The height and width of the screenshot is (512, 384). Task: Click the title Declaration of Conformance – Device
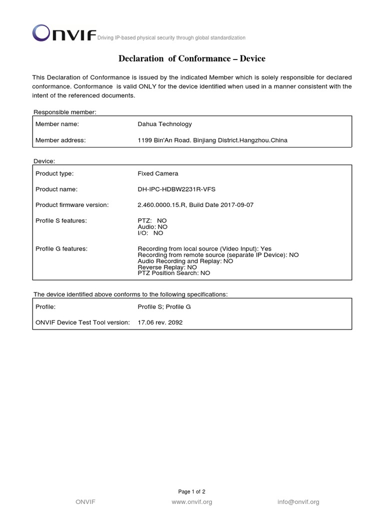coord(192,59)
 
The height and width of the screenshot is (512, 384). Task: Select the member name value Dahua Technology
coord(164,124)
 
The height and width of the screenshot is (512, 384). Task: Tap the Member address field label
coord(60,140)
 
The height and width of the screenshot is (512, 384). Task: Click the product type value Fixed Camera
coord(157,173)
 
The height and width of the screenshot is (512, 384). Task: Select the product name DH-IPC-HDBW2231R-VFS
coord(177,189)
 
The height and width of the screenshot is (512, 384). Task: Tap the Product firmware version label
coord(72,205)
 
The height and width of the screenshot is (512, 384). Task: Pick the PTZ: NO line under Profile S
coord(152,220)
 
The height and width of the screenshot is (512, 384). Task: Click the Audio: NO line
coord(152,226)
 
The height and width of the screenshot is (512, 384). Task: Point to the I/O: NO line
coord(150,233)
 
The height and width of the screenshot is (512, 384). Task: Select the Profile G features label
coord(61,248)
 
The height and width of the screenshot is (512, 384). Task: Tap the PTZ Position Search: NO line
coord(174,273)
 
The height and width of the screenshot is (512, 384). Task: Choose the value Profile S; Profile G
coord(164,306)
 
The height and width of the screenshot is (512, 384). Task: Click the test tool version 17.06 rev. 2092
coord(160,322)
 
